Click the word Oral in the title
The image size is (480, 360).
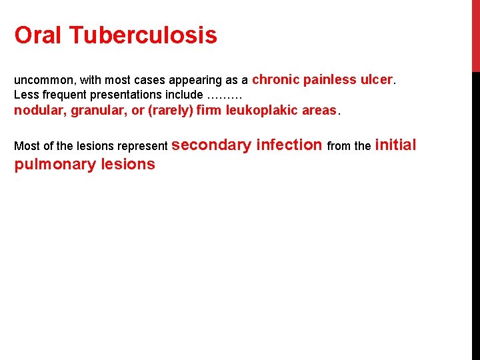pos(39,35)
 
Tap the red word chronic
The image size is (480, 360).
pos(276,79)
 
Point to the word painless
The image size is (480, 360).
pos(330,79)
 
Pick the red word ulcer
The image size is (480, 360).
pos(377,79)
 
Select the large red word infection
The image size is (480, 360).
pos(289,145)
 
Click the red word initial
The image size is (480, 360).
pos(395,145)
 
